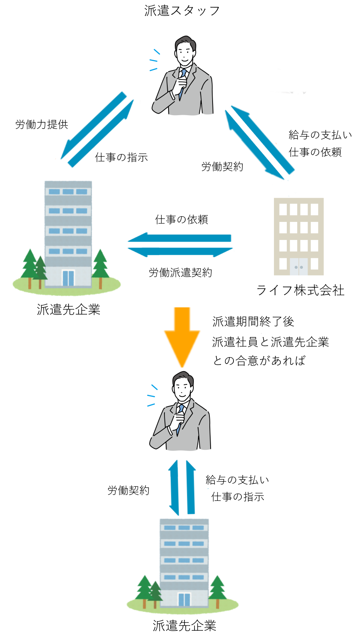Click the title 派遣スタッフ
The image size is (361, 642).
182,11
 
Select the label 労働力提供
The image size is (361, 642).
42,125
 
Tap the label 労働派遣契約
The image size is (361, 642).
180,273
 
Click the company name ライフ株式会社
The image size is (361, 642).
300,290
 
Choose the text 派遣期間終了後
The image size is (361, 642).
253,322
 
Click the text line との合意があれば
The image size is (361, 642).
259,361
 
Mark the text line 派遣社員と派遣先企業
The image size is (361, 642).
270,342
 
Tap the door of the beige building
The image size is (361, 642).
298,266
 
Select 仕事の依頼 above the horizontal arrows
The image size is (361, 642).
181,219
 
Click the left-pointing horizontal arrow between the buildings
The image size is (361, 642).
179,238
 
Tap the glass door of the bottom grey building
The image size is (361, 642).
184,599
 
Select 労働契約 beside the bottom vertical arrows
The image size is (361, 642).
128,490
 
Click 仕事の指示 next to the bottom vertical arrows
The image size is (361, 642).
237,497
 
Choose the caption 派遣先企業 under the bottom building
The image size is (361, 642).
185,626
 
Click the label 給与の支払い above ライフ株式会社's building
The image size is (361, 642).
320,135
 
